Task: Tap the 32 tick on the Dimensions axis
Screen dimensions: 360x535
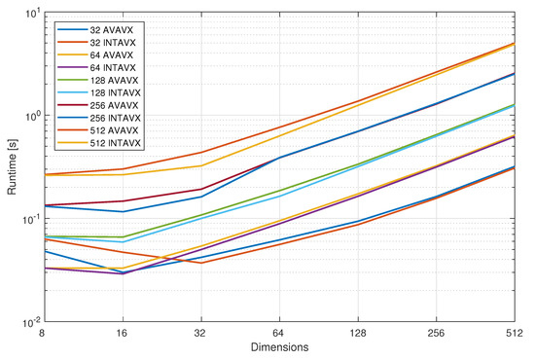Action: tap(201, 332)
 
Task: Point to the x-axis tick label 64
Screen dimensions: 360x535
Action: tap(280, 332)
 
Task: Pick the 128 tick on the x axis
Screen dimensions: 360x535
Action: tap(358, 332)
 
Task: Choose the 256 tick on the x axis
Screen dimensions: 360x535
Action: tap(436, 332)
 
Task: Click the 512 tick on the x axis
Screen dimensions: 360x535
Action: tap(514, 332)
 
